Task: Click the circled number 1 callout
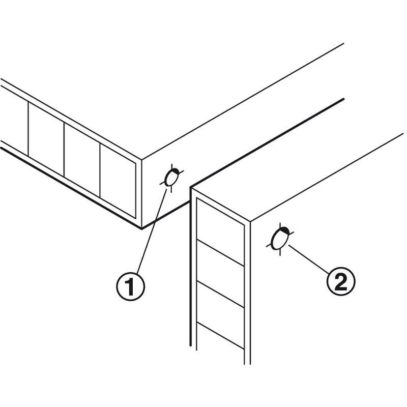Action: click(x=131, y=286)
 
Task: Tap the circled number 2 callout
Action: click(x=341, y=282)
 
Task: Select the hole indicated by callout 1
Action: click(x=172, y=178)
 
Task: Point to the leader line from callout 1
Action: click(x=152, y=231)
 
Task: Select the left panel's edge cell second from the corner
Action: click(x=82, y=160)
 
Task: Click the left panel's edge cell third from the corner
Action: click(x=46, y=139)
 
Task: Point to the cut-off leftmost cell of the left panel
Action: click(x=14, y=121)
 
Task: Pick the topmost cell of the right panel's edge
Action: click(x=220, y=232)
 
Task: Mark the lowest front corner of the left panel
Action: click(x=141, y=229)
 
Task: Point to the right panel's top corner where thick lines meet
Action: click(x=191, y=187)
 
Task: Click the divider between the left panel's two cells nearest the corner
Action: click(x=100, y=170)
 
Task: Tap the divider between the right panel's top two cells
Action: click(x=220, y=253)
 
